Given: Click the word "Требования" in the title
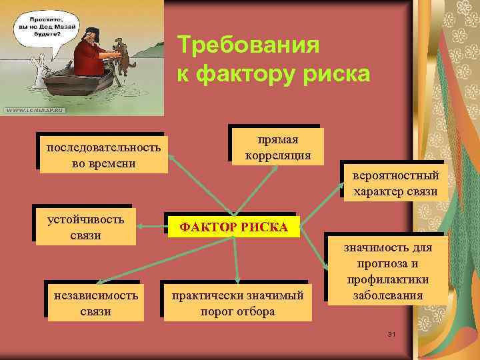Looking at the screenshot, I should pyautogui.click(x=248, y=47).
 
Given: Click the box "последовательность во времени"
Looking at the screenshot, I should pyautogui.click(x=103, y=155).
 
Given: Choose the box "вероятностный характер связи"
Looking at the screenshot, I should pyautogui.click(x=395, y=183).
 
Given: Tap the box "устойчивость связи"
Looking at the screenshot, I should pyautogui.click(x=85, y=227).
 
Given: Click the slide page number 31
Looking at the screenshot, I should pyautogui.click(x=391, y=333).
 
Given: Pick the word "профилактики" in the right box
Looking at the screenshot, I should pyautogui.click(x=387, y=279).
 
